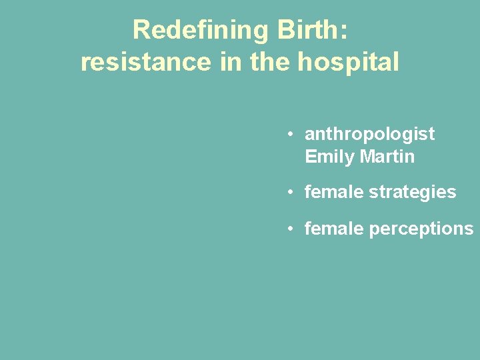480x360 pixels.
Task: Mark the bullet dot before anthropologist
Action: [x=291, y=134]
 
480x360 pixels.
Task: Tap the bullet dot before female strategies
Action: [x=291, y=193]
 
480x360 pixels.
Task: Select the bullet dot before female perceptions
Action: [x=291, y=229]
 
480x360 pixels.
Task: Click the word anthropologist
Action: [x=369, y=135]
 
